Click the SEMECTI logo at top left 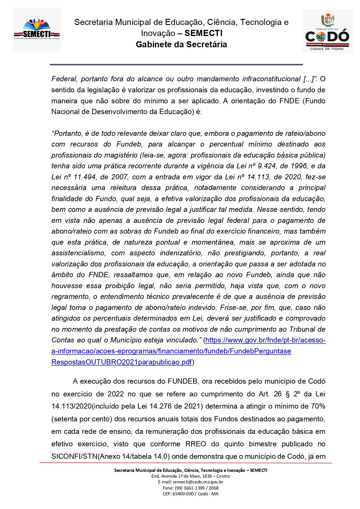click(37, 30)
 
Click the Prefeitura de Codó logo click(328, 31)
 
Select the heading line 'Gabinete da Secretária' click(181, 44)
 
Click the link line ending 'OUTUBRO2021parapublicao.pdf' click(122, 362)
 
